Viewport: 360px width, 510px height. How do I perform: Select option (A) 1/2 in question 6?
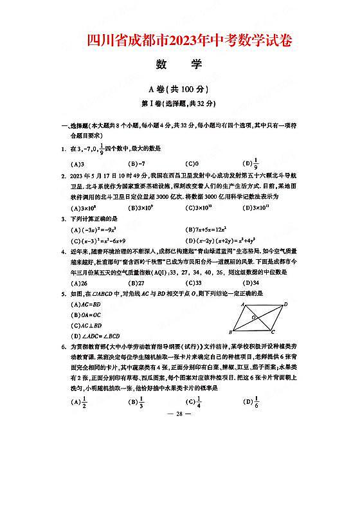point(80,402)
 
